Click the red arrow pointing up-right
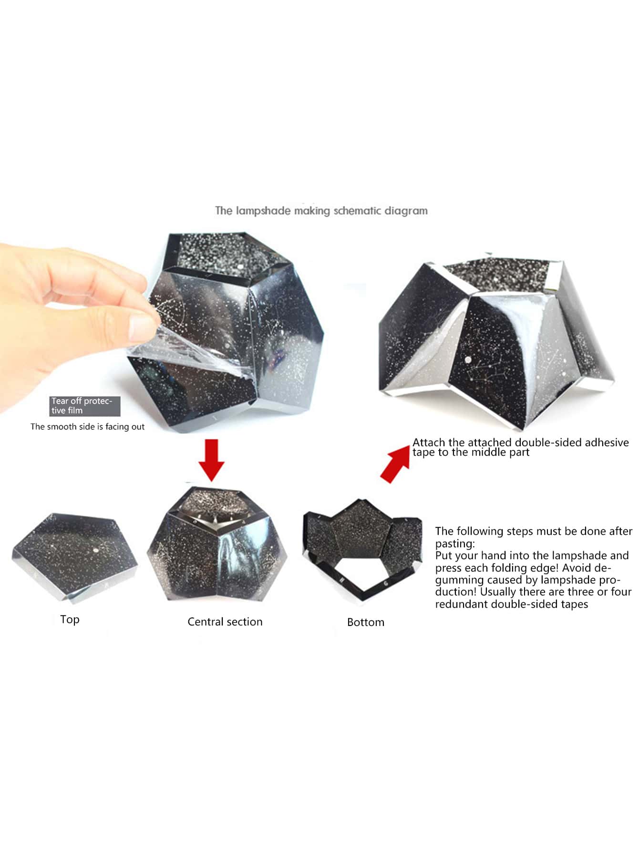(395, 462)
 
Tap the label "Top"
(70, 619)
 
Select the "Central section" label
(225, 622)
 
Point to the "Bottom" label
(366, 622)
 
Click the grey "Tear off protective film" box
(84, 406)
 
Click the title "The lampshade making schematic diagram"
(321, 211)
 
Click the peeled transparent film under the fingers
(186, 353)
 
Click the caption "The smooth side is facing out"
(87, 427)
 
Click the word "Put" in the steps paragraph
(443, 555)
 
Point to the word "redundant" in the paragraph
(461, 604)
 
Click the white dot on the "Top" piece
(95, 550)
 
